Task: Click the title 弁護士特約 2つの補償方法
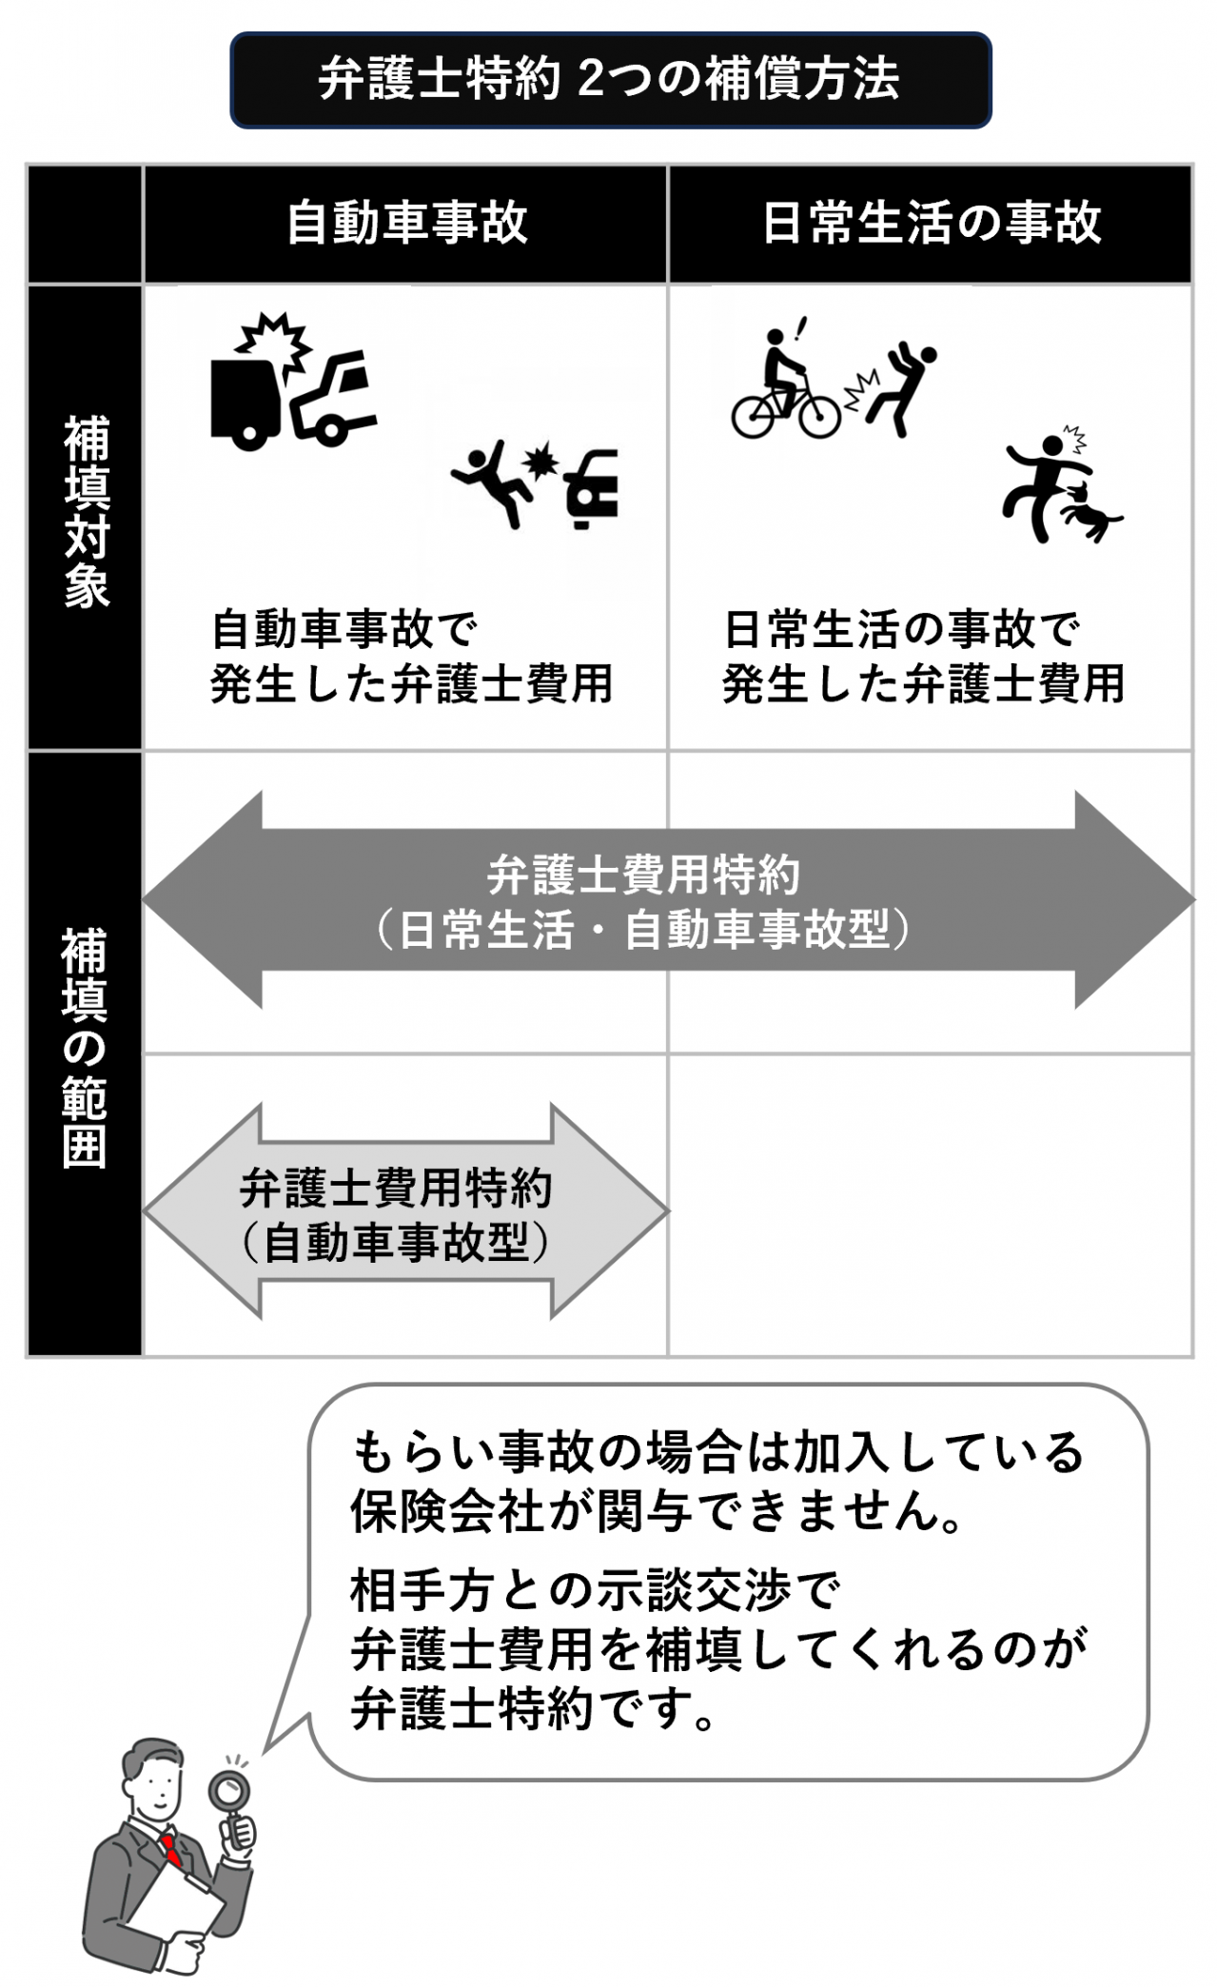coord(609,80)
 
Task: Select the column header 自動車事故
coord(407,223)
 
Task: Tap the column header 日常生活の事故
coord(931,223)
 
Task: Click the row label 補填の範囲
coord(86,1047)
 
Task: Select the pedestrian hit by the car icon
coord(495,481)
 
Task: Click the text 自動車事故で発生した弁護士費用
coord(411,657)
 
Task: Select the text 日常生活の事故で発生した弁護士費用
coord(923,657)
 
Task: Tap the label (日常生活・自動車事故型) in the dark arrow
coord(643,930)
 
